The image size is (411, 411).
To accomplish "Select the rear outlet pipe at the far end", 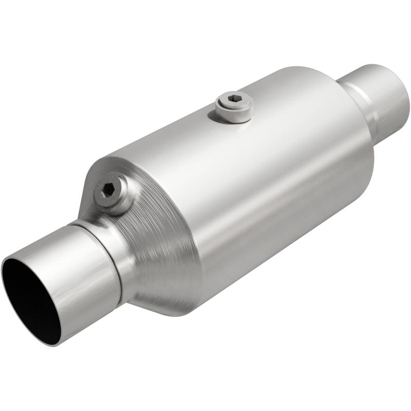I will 380,98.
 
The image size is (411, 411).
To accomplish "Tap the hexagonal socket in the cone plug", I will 108,189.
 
